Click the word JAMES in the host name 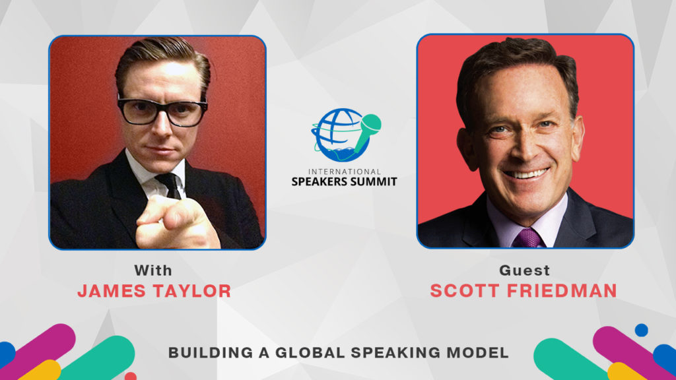[x=112, y=291]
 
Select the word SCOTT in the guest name [x=464, y=291]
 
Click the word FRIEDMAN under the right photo [x=562, y=291]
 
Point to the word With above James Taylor [x=153, y=270]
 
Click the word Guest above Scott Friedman [x=524, y=270]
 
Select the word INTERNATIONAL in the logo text [x=345, y=172]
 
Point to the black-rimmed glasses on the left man [x=162, y=111]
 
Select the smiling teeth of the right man [x=526, y=174]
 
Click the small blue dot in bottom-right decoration [x=641, y=330]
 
